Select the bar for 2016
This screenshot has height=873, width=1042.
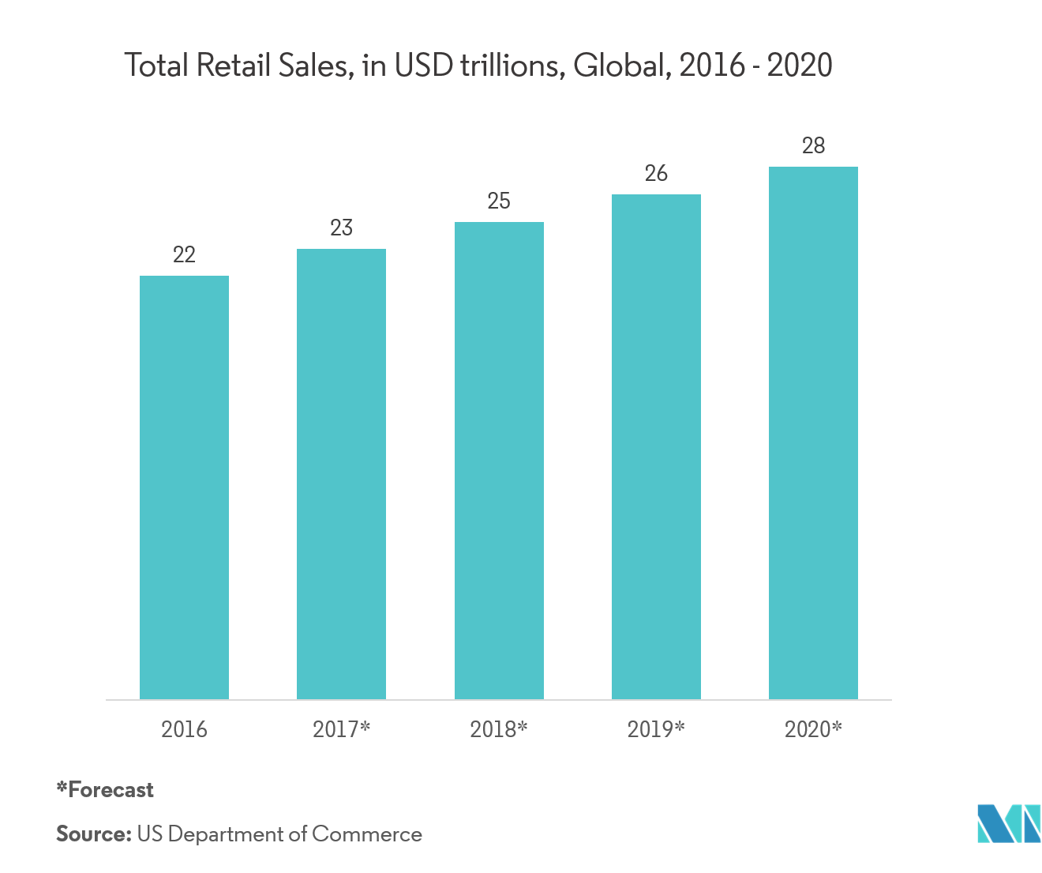tap(184, 487)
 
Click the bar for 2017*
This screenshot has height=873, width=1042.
tap(341, 474)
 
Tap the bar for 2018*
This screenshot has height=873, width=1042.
tap(499, 461)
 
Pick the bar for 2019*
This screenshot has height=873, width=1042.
tap(656, 446)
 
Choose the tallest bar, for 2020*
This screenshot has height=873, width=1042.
tap(813, 433)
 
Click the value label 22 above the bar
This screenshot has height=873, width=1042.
tap(184, 254)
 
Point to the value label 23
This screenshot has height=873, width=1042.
tap(341, 228)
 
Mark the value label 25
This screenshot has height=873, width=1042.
tap(499, 201)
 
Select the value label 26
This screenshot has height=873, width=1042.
tap(656, 173)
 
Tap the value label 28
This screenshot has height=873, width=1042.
tap(813, 145)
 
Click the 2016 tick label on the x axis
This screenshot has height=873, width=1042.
tap(184, 729)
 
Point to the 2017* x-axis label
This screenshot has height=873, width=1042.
tap(341, 729)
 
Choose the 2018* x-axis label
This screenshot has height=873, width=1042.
tap(498, 729)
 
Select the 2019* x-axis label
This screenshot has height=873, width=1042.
tap(656, 729)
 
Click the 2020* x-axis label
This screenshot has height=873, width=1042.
tap(813, 729)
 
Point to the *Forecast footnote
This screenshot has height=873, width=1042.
tap(105, 789)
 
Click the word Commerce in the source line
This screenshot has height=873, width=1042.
tap(367, 834)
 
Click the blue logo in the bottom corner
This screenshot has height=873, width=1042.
tap(1008, 823)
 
